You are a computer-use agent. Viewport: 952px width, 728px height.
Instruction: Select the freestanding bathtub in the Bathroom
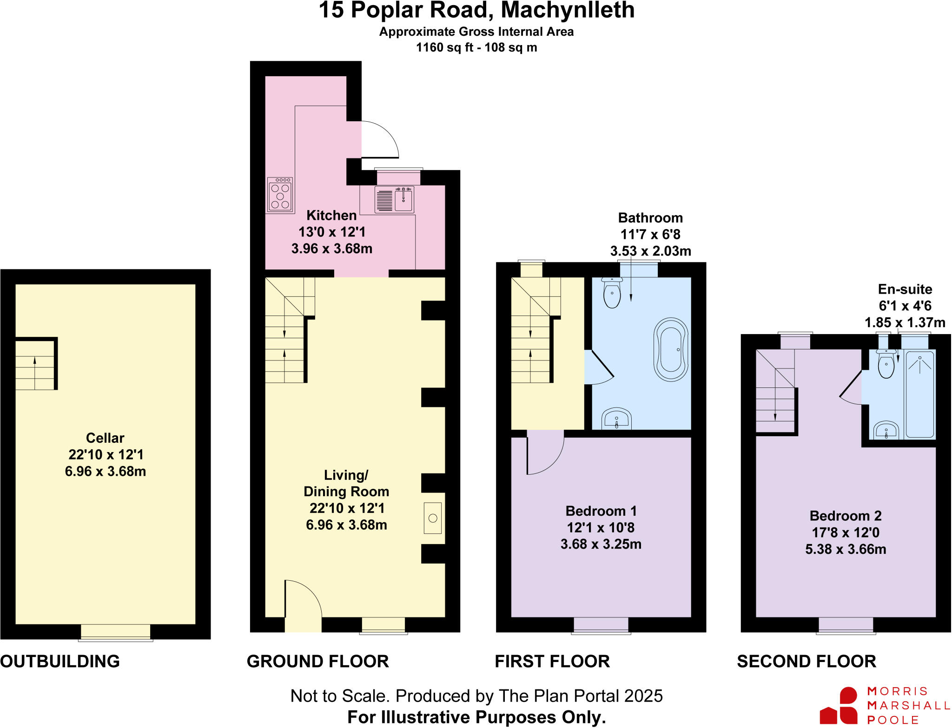(x=671, y=349)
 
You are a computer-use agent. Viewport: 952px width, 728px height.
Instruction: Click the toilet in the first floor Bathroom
(x=612, y=293)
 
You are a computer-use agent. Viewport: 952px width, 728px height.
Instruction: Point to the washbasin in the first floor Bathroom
(x=616, y=419)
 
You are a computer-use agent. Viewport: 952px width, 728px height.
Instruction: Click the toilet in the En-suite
(x=886, y=365)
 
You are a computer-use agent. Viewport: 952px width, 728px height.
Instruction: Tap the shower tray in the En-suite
(x=919, y=394)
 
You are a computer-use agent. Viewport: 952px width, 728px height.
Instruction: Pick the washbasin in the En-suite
(x=886, y=430)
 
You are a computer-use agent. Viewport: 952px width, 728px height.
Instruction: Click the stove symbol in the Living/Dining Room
(x=432, y=518)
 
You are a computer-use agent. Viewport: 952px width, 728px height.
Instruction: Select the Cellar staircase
(x=35, y=365)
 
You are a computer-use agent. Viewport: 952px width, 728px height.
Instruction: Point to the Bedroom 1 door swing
(x=544, y=453)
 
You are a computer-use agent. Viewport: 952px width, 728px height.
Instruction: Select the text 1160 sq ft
(x=444, y=47)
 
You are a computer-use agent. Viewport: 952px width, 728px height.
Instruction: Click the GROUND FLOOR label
(x=317, y=661)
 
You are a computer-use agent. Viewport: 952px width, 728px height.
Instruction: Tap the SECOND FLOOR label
(x=807, y=661)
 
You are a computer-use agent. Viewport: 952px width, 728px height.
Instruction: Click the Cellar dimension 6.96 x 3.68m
(x=106, y=471)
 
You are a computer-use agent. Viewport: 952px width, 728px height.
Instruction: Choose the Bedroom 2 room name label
(x=845, y=516)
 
